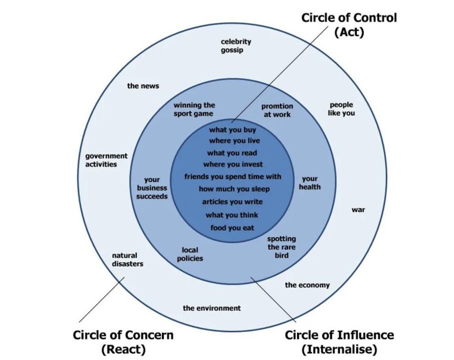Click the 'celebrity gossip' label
[x=236, y=46]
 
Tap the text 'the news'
[x=143, y=86]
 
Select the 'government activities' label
[x=106, y=160]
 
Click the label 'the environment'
[x=211, y=308]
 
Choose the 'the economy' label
[x=307, y=285]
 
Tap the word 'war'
[x=358, y=210]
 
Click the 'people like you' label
[x=341, y=109]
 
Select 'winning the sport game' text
[x=194, y=109]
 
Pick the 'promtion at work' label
[x=277, y=110]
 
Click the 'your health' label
[x=310, y=183]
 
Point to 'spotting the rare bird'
[x=281, y=247]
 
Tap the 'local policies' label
[x=190, y=254]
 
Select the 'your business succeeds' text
[x=152, y=188]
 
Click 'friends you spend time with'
[x=233, y=176]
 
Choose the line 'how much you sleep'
[x=234, y=189]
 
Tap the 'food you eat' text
[x=232, y=228]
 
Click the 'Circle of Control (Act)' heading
[x=349, y=25]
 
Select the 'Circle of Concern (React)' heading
[x=123, y=341]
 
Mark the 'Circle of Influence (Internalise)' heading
[x=339, y=341]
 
